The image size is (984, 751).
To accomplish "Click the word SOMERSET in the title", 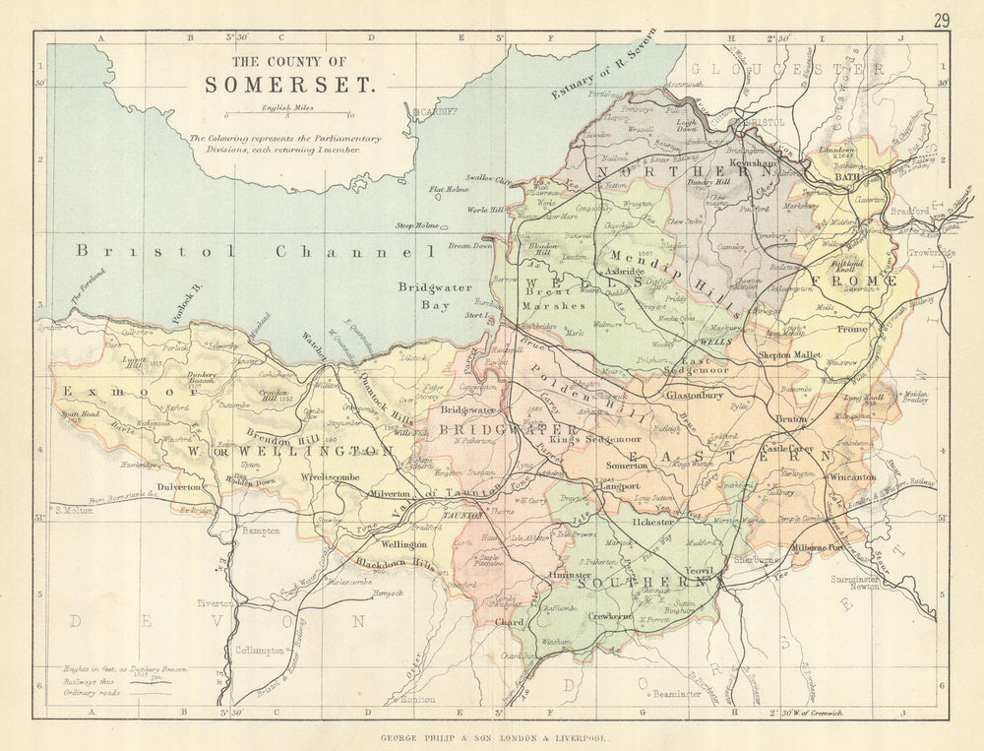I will click(289, 84).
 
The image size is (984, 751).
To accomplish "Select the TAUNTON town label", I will click(460, 515).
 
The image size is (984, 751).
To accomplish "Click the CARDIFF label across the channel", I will click(439, 112).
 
